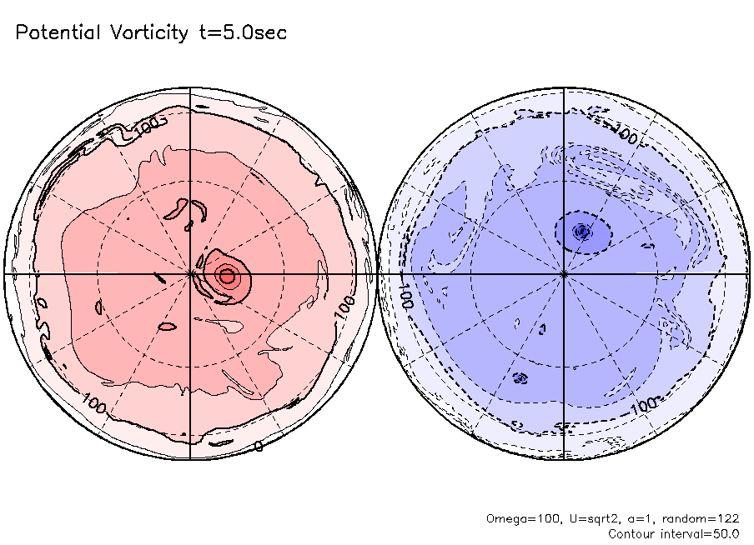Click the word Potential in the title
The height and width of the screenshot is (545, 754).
click(x=57, y=33)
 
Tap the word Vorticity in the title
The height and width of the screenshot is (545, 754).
click(x=147, y=33)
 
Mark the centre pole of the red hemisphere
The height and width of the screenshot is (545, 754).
click(x=191, y=273)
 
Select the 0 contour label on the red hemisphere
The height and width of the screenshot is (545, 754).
click(x=259, y=447)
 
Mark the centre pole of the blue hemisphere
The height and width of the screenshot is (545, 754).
click(x=565, y=273)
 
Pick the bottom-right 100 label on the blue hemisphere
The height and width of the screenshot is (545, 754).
click(x=645, y=406)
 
